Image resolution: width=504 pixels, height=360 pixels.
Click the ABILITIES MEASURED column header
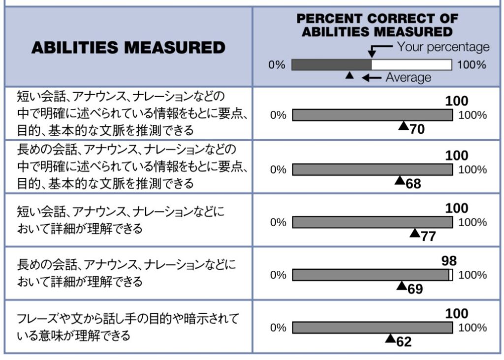pyautogui.click(x=128, y=48)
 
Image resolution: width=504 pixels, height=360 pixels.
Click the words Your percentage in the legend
pyautogui.click(x=443, y=47)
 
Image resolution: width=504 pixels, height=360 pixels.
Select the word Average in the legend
pyautogui.click(x=408, y=77)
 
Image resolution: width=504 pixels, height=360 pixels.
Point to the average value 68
pyautogui.click(x=413, y=184)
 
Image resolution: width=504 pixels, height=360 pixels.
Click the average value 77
pyautogui.click(x=428, y=236)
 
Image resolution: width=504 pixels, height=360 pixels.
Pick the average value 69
pyautogui.click(x=415, y=289)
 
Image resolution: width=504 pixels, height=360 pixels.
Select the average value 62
pyautogui.click(x=404, y=342)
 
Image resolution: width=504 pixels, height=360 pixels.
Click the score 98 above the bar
pyautogui.click(x=449, y=261)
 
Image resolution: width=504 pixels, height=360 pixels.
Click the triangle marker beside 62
pyautogui.click(x=390, y=338)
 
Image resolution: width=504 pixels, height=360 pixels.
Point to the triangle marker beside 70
pyautogui.click(x=403, y=126)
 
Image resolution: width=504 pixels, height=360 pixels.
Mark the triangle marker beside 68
pyautogui.click(x=400, y=180)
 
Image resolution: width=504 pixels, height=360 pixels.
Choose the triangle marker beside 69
pyautogui.click(x=401, y=286)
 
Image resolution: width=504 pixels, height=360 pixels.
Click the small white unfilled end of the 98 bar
pyautogui.click(x=451, y=275)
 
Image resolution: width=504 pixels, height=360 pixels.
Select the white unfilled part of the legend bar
pyautogui.click(x=411, y=65)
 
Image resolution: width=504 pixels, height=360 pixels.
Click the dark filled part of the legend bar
pyautogui.click(x=331, y=65)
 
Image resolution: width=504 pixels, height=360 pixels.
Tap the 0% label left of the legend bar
pyautogui.click(x=277, y=65)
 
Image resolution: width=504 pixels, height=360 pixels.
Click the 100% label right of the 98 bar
pyautogui.click(x=472, y=275)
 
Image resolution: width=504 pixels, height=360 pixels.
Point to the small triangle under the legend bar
pyautogui.click(x=349, y=76)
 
